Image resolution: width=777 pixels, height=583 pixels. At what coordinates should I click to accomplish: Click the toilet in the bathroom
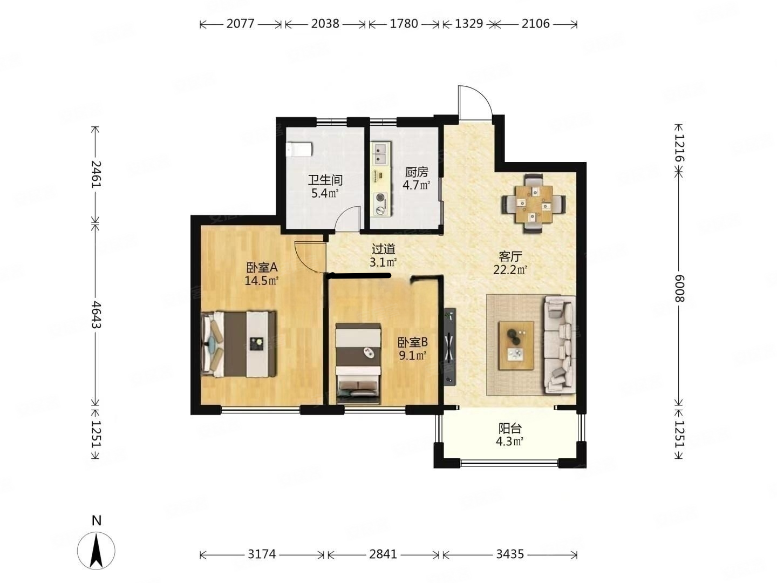[x=298, y=150]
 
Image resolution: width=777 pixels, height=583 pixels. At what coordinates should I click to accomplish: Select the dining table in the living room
[x=534, y=204]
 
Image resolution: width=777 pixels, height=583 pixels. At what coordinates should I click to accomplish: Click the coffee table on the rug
[x=516, y=345]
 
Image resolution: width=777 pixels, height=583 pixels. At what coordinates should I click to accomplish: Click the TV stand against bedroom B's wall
[x=450, y=346]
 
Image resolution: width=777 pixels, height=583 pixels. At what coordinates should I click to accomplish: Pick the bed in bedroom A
[x=238, y=344]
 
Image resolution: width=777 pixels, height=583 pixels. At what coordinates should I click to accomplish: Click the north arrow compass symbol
[x=96, y=551]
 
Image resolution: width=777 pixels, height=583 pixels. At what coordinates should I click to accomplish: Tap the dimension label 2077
[x=240, y=24]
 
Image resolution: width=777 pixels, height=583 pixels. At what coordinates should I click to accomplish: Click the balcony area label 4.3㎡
[x=509, y=442]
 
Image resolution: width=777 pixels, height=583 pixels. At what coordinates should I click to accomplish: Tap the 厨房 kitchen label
[x=416, y=172]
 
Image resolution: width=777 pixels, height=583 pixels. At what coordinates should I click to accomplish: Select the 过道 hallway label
[x=383, y=249]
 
